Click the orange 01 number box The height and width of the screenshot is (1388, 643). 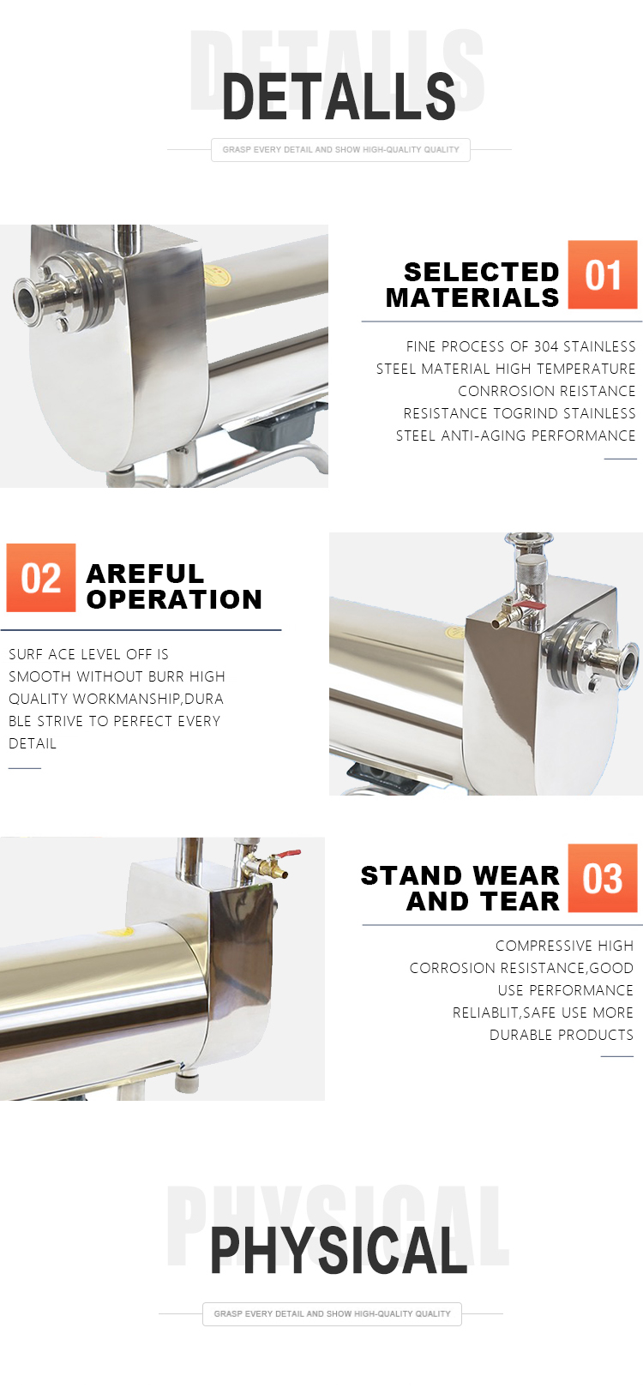(602, 274)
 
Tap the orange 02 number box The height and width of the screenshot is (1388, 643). (41, 578)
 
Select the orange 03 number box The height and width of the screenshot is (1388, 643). (602, 877)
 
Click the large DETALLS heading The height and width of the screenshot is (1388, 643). (339, 96)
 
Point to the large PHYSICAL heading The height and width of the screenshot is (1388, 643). (338, 1251)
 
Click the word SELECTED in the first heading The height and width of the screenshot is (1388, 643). (481, 272)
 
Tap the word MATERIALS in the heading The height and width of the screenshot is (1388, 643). (472, 298)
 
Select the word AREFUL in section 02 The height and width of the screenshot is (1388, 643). (145, 574)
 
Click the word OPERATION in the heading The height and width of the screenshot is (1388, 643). (174, 600)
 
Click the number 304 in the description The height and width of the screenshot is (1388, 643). (545, 346)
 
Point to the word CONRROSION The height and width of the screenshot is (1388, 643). (501, 391)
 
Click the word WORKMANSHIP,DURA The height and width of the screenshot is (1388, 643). (148, 699)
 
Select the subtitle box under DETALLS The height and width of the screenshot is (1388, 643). (340, 150)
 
